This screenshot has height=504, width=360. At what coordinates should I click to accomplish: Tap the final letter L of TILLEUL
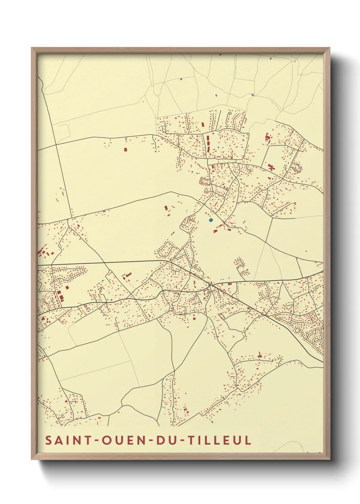coord(248,440)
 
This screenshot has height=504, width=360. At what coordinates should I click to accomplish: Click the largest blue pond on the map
coord(211,220)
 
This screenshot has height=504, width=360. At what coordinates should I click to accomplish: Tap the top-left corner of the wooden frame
coord(32,48)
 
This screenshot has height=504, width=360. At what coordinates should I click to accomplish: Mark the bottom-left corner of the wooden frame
coord(32,459)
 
